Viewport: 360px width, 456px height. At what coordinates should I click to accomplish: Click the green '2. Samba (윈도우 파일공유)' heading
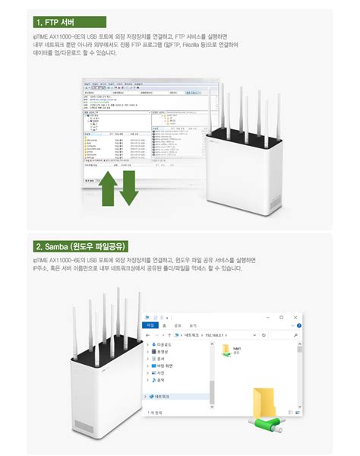click(80, 246)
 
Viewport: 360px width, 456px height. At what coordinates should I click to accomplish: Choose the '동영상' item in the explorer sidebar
click(163, 352)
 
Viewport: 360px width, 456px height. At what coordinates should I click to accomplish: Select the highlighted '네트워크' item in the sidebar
click(164, 397)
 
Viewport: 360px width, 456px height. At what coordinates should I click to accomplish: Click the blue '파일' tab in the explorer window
click(150, 325)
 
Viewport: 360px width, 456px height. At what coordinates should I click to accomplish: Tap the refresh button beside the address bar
click(264, 334)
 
